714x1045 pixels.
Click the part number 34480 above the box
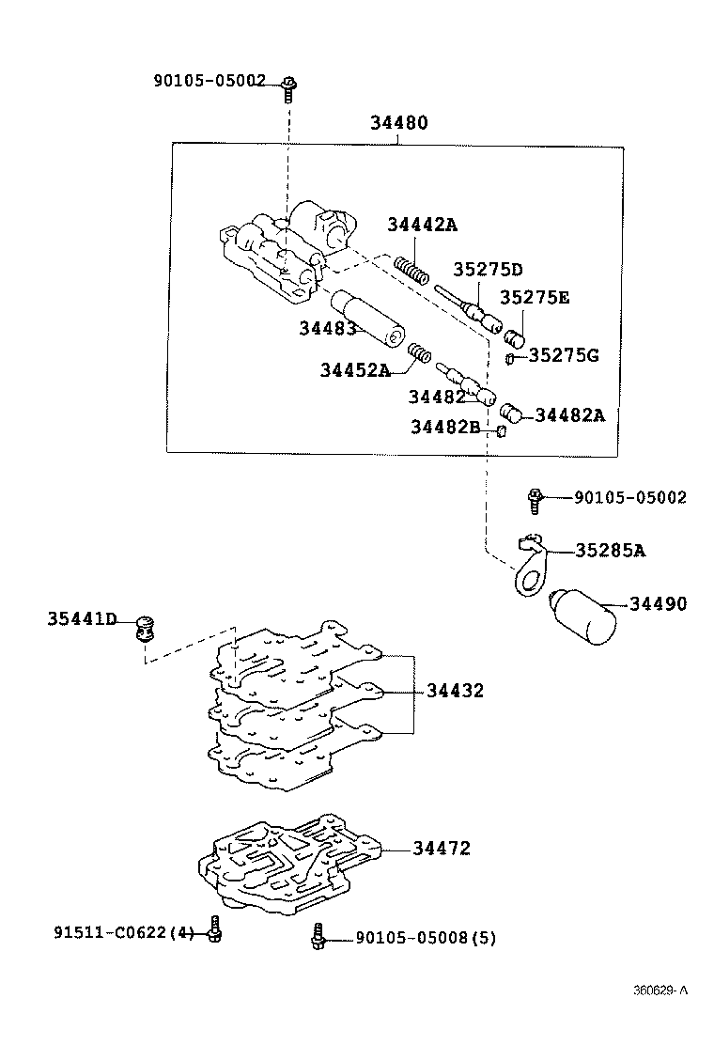click(398, 123)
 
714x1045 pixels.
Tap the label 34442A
click(422, 225)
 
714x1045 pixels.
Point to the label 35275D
click(487, 270)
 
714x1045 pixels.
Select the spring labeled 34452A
click(420, 355)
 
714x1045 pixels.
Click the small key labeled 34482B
click(502, 430)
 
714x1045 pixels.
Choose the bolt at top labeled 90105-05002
click(288, 87)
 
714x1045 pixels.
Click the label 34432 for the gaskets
click(455, 691)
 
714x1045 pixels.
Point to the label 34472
click(442, 849)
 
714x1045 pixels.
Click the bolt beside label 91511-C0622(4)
click(215, 929)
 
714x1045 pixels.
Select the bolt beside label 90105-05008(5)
click(318, 936)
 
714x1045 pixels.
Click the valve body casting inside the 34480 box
click(282, 249)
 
